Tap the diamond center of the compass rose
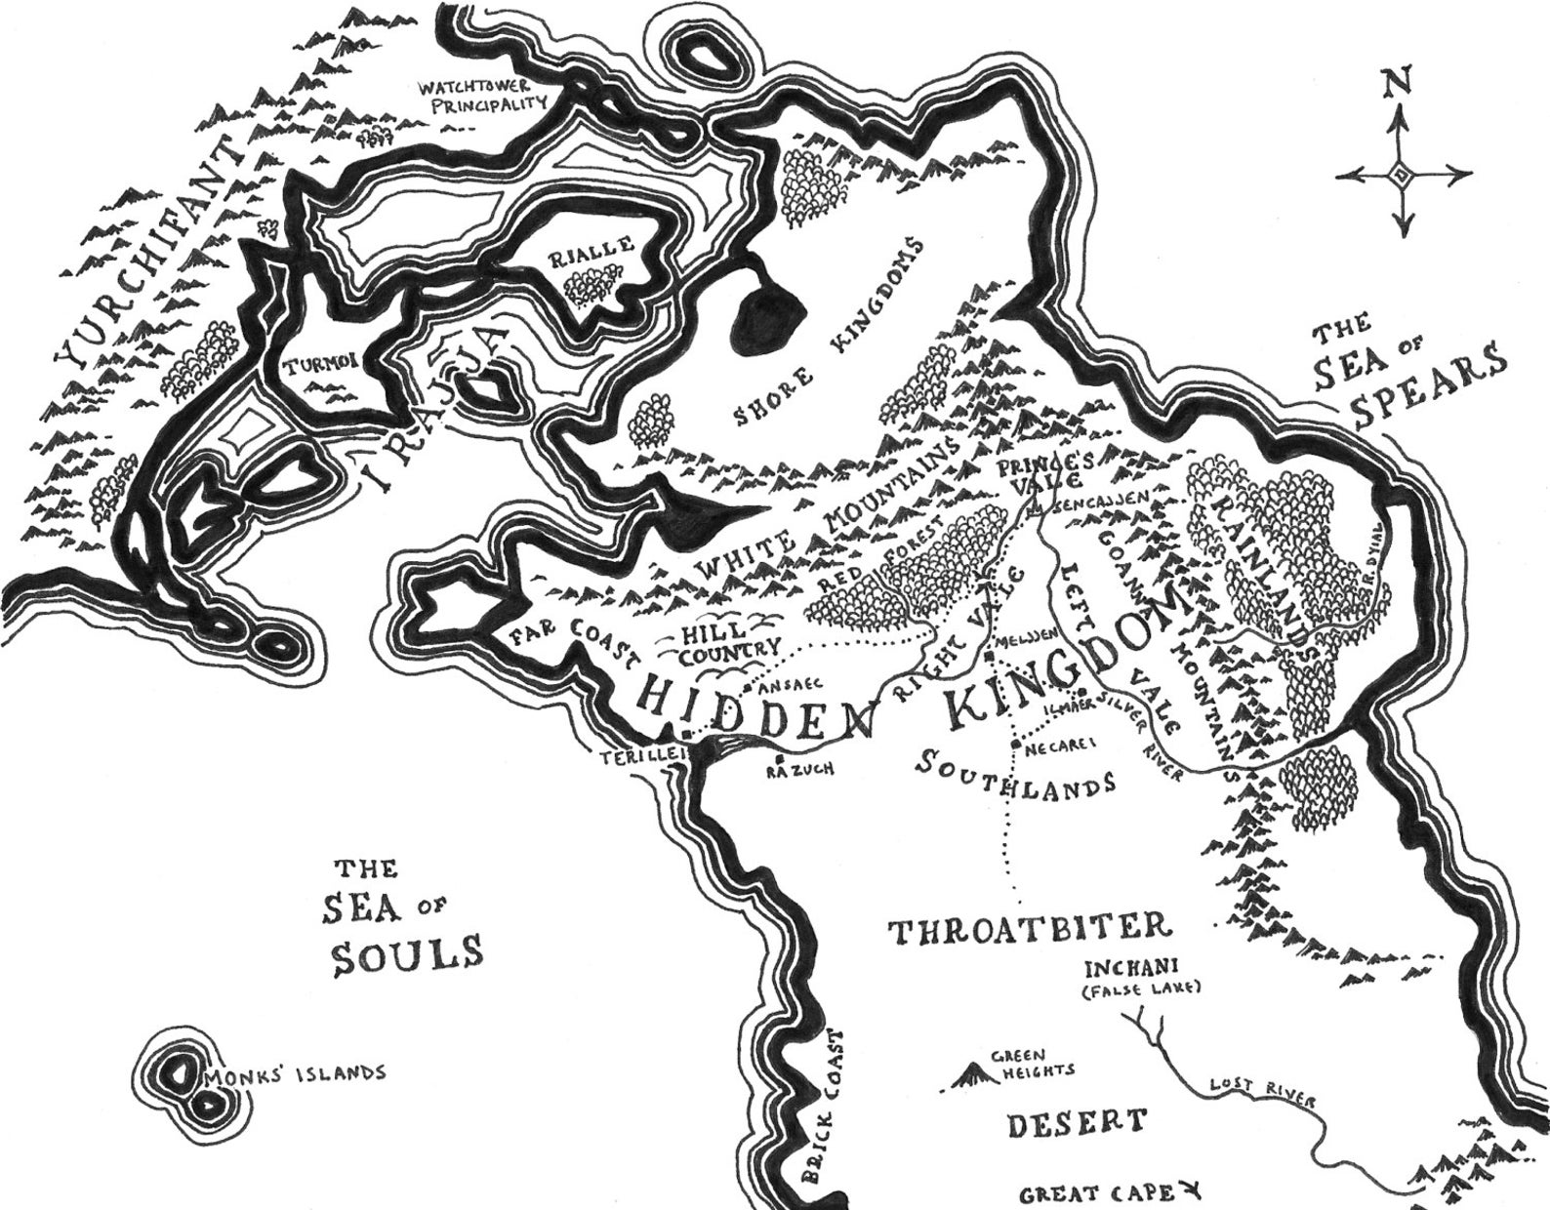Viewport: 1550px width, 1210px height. pyautogui.click(x=1401, y=176)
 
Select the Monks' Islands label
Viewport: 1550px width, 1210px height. pyautogui.click(x=294, y=1072)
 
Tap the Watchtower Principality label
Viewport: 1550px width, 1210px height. pyautogui.click(x=478, y=96)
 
